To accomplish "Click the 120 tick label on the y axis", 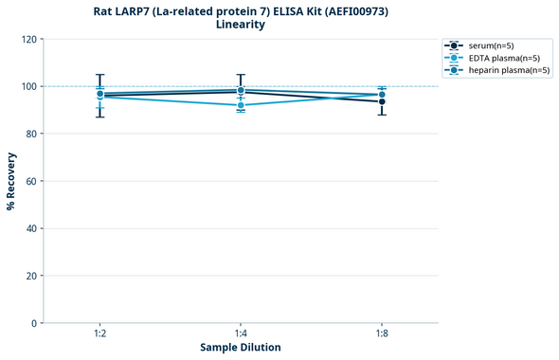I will tap(28, 39).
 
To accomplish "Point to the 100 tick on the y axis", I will tap(28, 86).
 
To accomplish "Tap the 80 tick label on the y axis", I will tap(31, 134).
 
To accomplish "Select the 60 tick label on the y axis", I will tap(31, 181).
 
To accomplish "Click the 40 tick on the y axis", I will tap(31, 228).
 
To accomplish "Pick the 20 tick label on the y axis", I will tap(31, 276).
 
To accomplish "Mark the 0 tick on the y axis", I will tap(34, 323).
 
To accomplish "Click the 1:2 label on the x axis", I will tap(99, 334).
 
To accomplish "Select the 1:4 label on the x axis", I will tap(241, 334).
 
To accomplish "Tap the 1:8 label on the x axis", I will tap(381, 334).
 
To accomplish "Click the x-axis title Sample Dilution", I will tap(241, 348).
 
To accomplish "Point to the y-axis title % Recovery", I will tap(11, 181).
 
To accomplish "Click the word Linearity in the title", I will tap(241, 25).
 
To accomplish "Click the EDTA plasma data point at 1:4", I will tap(241, 105).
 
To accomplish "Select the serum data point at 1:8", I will tap(381, 101).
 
